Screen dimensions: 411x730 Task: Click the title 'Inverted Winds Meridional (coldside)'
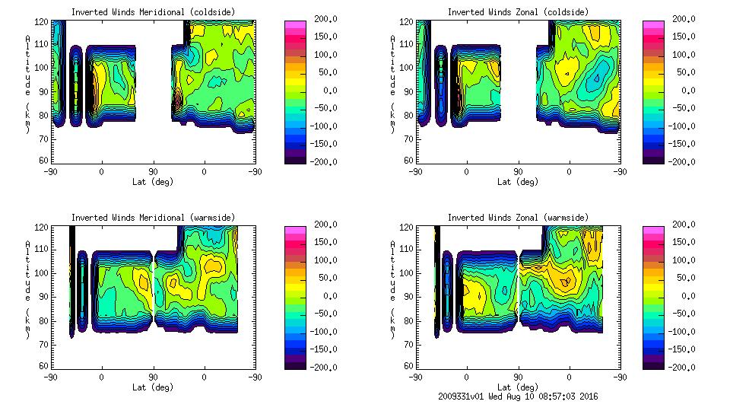click(x=153, y=12)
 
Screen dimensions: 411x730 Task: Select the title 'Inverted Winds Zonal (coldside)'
click(x=518, y=12)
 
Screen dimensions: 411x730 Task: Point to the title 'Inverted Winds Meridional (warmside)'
click(x=153, y=218)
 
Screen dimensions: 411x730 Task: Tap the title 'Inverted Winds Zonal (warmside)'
click(x=518, y=218)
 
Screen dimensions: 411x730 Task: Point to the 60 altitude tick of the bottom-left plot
click(x=46, y=366)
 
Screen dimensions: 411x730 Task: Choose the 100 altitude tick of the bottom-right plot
click(x=408, y=272)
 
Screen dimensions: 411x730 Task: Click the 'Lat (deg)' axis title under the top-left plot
click(x=152, y=182)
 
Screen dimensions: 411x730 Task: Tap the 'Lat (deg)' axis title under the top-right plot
click(x=517, y=182)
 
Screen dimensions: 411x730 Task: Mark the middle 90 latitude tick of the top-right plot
click(x=518, y=172)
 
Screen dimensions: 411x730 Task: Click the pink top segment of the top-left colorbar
click(x=294, y=25)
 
